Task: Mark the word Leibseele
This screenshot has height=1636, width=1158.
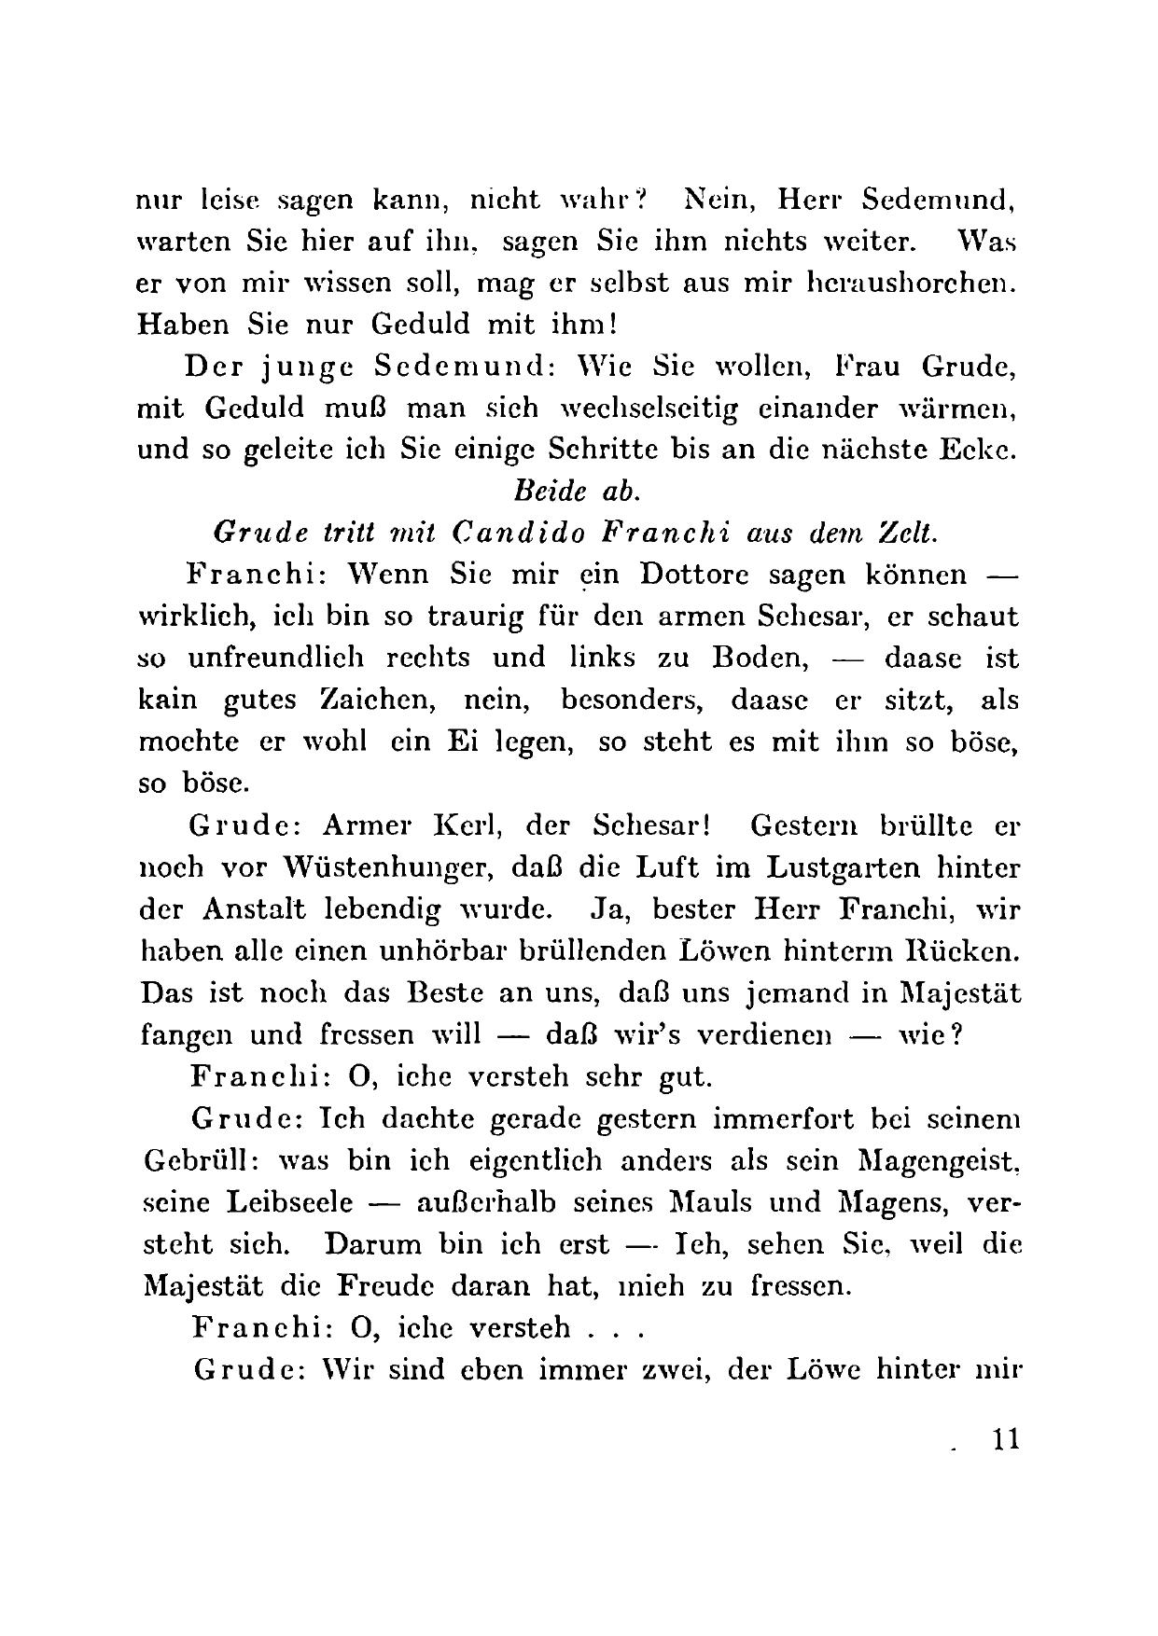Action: (x=290, y=1201)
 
